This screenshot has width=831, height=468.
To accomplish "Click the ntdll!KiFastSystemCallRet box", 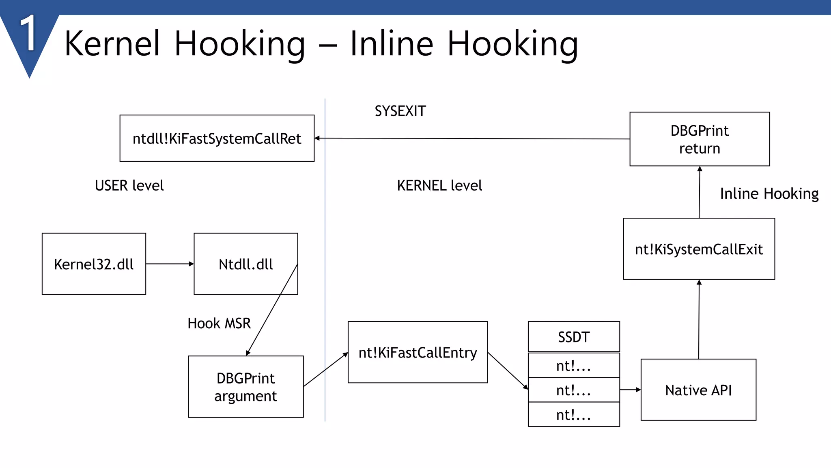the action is click(x=217, y=138).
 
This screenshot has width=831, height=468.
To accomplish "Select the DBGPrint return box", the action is click(x=699, y=139).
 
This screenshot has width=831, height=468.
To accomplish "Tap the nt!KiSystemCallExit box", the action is click(x=699, y=249).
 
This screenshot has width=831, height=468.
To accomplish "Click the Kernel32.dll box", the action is click(x=94, y=264).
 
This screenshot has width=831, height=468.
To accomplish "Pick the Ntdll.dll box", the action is click(x=245, y=264).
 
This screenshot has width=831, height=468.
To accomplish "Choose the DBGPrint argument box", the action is click(x=245, y=386).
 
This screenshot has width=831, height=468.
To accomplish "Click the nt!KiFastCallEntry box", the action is click(x=418, y=352).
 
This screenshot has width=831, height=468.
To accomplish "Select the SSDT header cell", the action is click(x=573, y=336).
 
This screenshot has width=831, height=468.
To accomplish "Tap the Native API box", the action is click(x=698, y=390).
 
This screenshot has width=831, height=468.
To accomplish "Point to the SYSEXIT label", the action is click(x=400, y=111).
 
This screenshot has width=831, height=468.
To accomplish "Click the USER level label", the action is click(x=129, y=185).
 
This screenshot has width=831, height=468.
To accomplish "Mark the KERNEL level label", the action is click(x=439, y=185).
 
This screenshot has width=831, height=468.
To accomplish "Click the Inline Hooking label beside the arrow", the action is click(x=769, y=193).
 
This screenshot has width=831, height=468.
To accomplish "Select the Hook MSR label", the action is click(x=219, y=323).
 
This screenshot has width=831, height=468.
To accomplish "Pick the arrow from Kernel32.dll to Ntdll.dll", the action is click(x=170, y=264).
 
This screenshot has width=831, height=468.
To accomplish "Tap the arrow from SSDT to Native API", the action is click(x=630, y=390).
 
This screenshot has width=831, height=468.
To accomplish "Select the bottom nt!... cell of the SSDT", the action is click(x=573, y=414).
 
